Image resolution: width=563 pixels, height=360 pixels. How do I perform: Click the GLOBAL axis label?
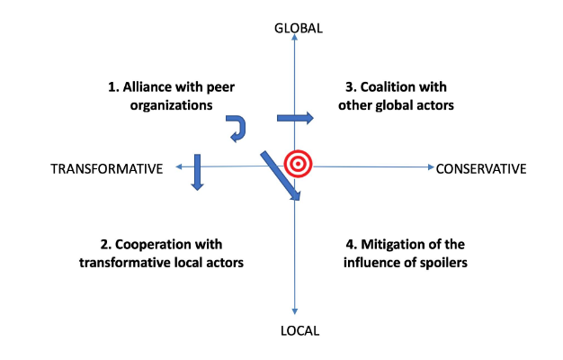coord(298,28)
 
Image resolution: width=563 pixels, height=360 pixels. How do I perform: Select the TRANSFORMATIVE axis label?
coord(107,168)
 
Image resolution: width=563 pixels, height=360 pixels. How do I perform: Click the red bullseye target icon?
coord(298,164)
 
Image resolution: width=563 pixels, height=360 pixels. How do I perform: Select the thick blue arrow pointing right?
coord(294,118)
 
